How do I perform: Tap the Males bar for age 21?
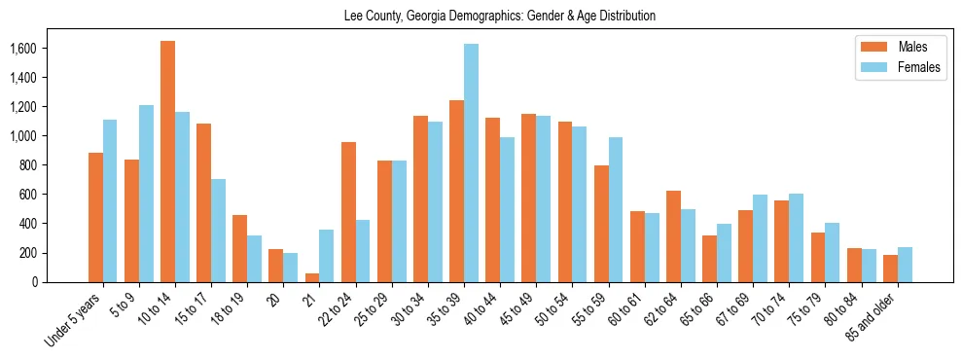[312, 277]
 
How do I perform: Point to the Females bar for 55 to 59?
[616, 209]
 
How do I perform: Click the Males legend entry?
[899, 48]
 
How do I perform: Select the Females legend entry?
[905, 68]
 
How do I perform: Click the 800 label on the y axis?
[26, 165]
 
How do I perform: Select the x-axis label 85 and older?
[876, 316]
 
